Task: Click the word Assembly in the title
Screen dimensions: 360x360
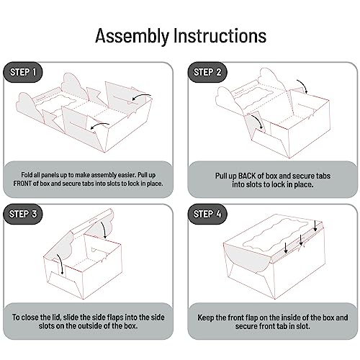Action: click(x=132, y=36)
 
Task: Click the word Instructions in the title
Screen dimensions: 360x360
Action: click(x=220, y=35)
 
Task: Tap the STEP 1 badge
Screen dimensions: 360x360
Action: click(x=23, y=72)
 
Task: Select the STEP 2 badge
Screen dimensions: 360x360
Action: click(x=207, y=72)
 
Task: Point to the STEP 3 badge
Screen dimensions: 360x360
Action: click(x=23, y=214)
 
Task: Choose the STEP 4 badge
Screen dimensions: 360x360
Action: click(x=207, y=214)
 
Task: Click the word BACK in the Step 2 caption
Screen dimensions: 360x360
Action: click(x=247, y=176)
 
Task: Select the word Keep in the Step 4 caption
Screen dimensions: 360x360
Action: click(x=206, y=318)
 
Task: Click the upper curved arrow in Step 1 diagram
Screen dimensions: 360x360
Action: click(x=141, y=96)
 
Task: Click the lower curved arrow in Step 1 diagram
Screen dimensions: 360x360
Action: click(x=99, y=125)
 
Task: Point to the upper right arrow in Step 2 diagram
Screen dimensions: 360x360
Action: click(x=303, y=85)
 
